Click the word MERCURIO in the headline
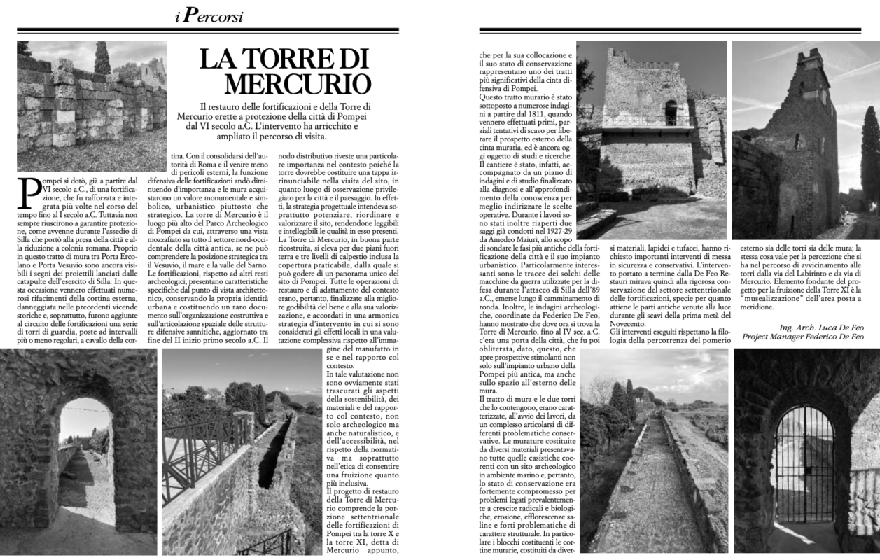(298, 83)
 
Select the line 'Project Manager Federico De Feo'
(802, 337)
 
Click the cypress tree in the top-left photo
(103, 59)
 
